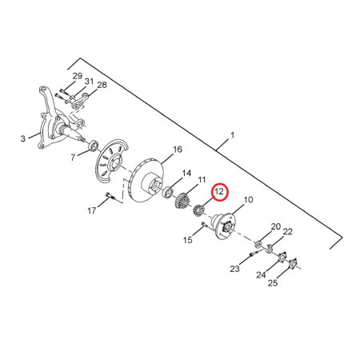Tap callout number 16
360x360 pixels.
[x=178, y=150]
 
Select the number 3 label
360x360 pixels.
[x=23, y=138]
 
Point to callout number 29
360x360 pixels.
[x=78, y=76]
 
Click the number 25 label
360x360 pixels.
[x=273, y=283]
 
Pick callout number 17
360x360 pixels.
[x=92, y=210]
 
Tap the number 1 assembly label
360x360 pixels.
[x=232, y=135]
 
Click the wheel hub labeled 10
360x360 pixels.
[x=224, y=226]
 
